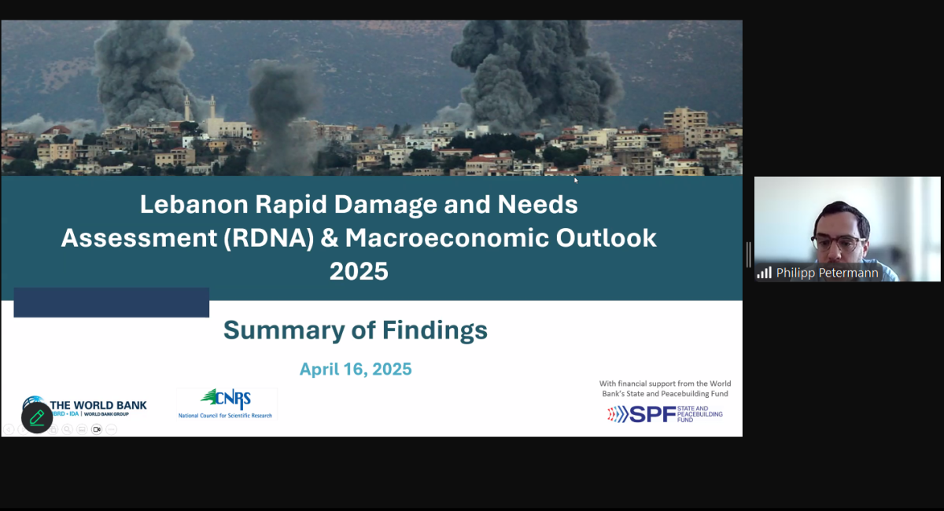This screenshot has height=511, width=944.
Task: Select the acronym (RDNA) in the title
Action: pos(269,238)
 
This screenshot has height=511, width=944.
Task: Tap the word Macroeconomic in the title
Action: pos(447,237)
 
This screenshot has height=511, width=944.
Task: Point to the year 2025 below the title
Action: pos(359,271)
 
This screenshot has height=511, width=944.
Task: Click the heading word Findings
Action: pos(434,330)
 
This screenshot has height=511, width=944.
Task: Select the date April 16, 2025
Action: pos(356,369)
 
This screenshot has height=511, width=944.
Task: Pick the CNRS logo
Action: pos(227,404)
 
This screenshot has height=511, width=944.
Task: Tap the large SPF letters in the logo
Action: pos(652,414)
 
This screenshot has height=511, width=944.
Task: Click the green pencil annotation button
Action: pos(37,417)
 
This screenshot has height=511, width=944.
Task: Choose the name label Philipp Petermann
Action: pos(827,273)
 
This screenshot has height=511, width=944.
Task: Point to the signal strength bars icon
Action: pos(764,273)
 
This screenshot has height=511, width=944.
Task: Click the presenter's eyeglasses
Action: pos(839,243)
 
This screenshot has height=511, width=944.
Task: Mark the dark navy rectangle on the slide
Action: pos(111,303)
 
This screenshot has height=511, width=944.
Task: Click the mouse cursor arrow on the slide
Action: pos(576,181)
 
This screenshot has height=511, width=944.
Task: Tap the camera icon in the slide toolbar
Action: pos(97,429)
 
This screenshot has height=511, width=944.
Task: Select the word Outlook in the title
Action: pos(606,237)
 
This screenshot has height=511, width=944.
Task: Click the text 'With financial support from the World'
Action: pos(665,384)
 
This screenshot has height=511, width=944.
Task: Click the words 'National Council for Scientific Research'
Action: pos(225,415)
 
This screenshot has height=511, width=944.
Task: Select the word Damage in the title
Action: pos(385,205)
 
